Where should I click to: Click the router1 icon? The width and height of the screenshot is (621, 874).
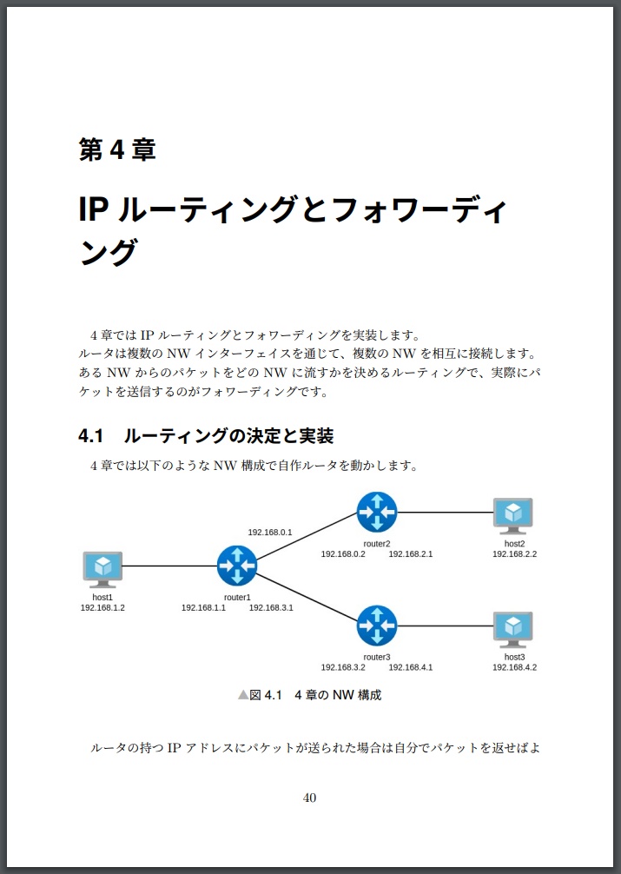point(237,566)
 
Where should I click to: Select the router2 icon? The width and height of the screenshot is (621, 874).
point(376,512)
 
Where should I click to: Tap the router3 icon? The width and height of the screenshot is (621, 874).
point(376,626)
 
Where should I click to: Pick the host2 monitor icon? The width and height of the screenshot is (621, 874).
point(512,514)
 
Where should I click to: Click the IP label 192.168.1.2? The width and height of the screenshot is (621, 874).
point(102,608)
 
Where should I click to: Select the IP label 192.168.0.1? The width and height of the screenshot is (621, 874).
point(270,532)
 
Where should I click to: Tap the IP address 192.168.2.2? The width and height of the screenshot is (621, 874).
point(514,553)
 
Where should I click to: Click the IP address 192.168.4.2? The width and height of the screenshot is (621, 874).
point(514,667)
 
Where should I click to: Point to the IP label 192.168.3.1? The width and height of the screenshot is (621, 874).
point(271,608)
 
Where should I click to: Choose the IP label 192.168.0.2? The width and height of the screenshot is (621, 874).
point(343,553)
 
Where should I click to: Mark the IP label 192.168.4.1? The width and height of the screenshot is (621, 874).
point(411,667)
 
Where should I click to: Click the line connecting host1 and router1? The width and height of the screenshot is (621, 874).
point(169,566)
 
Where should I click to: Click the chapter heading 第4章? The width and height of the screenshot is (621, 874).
point(117,150)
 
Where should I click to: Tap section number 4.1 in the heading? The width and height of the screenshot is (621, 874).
point(91,435)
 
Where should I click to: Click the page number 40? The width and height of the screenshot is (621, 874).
point(309,798)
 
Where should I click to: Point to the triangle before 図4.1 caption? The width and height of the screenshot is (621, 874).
point(243,695)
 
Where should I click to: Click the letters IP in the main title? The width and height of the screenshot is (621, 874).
point(92,209)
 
